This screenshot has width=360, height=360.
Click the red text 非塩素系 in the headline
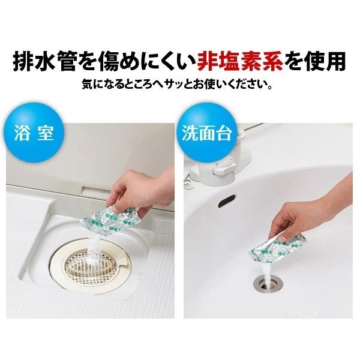tap(240, 62)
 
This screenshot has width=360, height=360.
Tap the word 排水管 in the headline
tap(44, 62)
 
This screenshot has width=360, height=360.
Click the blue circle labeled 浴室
tap(34, 133)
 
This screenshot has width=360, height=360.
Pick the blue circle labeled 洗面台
tap(206, 133)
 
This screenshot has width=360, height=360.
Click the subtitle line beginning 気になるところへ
tap(178, 85)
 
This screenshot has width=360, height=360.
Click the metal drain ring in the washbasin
tap(268, 285)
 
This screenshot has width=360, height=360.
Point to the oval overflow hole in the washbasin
tap(227, 200)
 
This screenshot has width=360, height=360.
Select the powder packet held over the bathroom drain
tap(109, 221)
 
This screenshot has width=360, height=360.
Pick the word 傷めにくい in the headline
tap(145, 62)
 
